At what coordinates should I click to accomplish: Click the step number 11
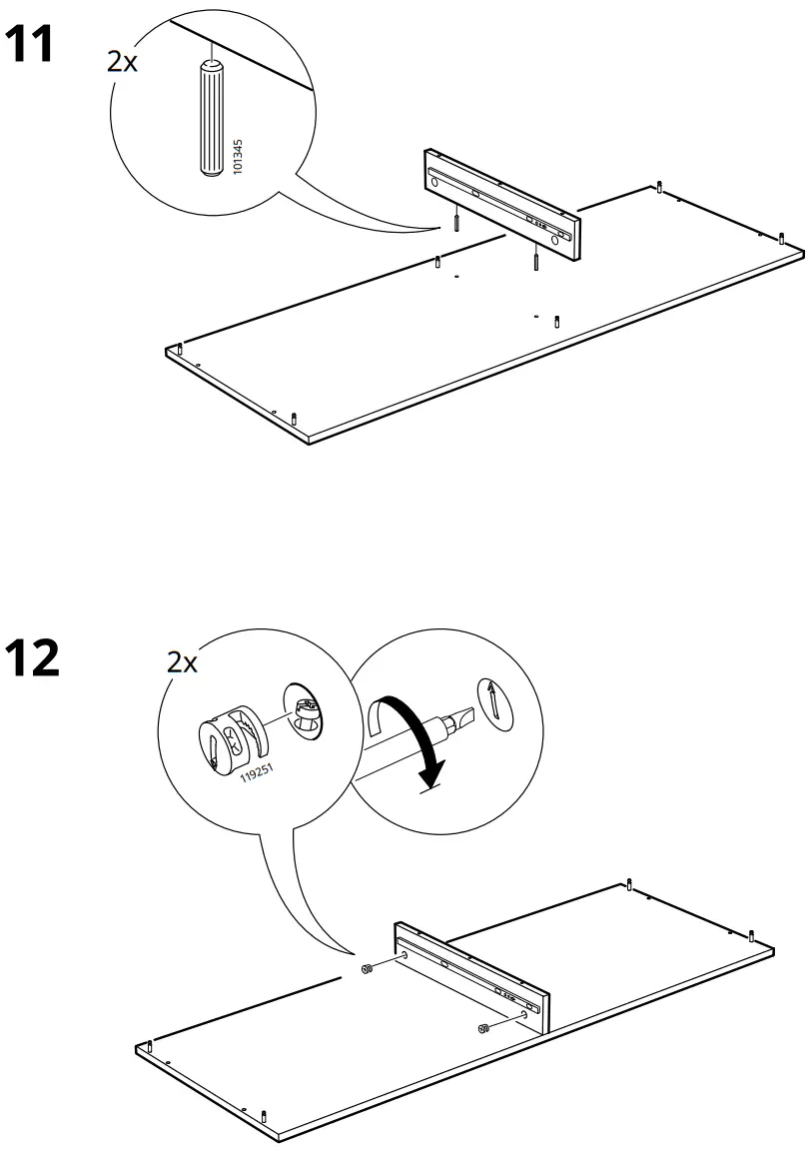point(30,44)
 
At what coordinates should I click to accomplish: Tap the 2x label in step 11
point(123,62)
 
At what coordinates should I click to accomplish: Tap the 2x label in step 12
point(182,660)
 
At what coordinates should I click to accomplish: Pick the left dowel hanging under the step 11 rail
point(455,222)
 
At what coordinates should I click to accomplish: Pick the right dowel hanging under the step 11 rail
point(535,262)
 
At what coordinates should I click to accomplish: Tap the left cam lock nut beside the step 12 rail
point(367,968)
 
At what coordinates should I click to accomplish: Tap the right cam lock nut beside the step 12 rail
point(483,1029)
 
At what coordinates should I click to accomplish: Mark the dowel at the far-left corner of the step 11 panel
point(179,348)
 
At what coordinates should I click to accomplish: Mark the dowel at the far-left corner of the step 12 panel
point(149,1046)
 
